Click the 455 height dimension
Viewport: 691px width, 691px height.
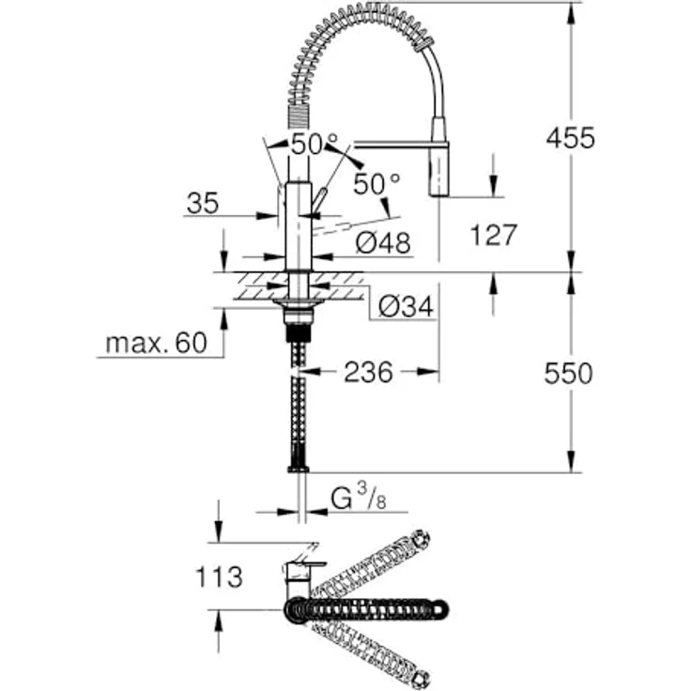coord(571,138)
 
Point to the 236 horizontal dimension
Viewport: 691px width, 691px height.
coord(367,373)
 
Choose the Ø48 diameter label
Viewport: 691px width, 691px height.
coord(384,244)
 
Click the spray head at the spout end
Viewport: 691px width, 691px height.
coord(440,158)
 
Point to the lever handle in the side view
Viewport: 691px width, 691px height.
coord(319,201)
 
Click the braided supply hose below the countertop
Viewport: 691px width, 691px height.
coord(299,404)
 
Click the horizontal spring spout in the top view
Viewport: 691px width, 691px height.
coord(376,608)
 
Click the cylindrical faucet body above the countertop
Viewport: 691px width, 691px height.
coord(298,225)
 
